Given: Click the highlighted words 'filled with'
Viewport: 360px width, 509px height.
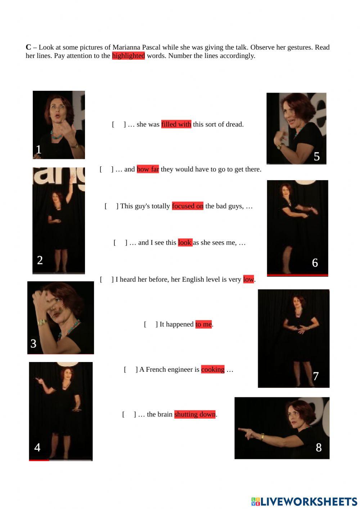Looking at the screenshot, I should (x=176, y=124).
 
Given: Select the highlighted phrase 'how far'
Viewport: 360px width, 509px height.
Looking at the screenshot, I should (x=148, y=169).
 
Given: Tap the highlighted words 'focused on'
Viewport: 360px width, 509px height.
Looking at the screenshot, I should (x=188, y=206).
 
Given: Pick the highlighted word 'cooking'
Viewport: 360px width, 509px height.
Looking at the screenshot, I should (x=213, y=369).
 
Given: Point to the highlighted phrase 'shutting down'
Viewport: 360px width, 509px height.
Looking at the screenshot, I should (x=195, y=414).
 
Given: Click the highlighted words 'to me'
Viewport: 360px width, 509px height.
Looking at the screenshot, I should (x=203, y=324).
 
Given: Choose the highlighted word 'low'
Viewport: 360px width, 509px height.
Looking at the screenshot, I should (x=248, y=280).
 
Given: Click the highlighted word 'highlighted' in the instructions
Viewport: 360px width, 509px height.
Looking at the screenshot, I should (x=128, y=56).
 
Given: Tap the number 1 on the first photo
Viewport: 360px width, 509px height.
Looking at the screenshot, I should (x=39, y=149).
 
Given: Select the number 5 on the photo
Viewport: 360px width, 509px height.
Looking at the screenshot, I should (x=316, y=156).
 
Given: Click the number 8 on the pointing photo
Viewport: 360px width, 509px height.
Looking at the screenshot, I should (x=319, y=447).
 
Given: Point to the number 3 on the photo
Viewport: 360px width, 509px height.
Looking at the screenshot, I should (x=33, y=344).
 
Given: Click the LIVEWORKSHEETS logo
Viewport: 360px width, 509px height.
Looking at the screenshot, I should (x=304, y=501).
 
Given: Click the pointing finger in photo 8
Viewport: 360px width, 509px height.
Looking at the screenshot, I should (x=241, y=430).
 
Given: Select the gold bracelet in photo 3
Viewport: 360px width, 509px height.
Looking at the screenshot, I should (x=42, y=322).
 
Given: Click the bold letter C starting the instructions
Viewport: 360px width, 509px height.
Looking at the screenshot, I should (x=28, y=47).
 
